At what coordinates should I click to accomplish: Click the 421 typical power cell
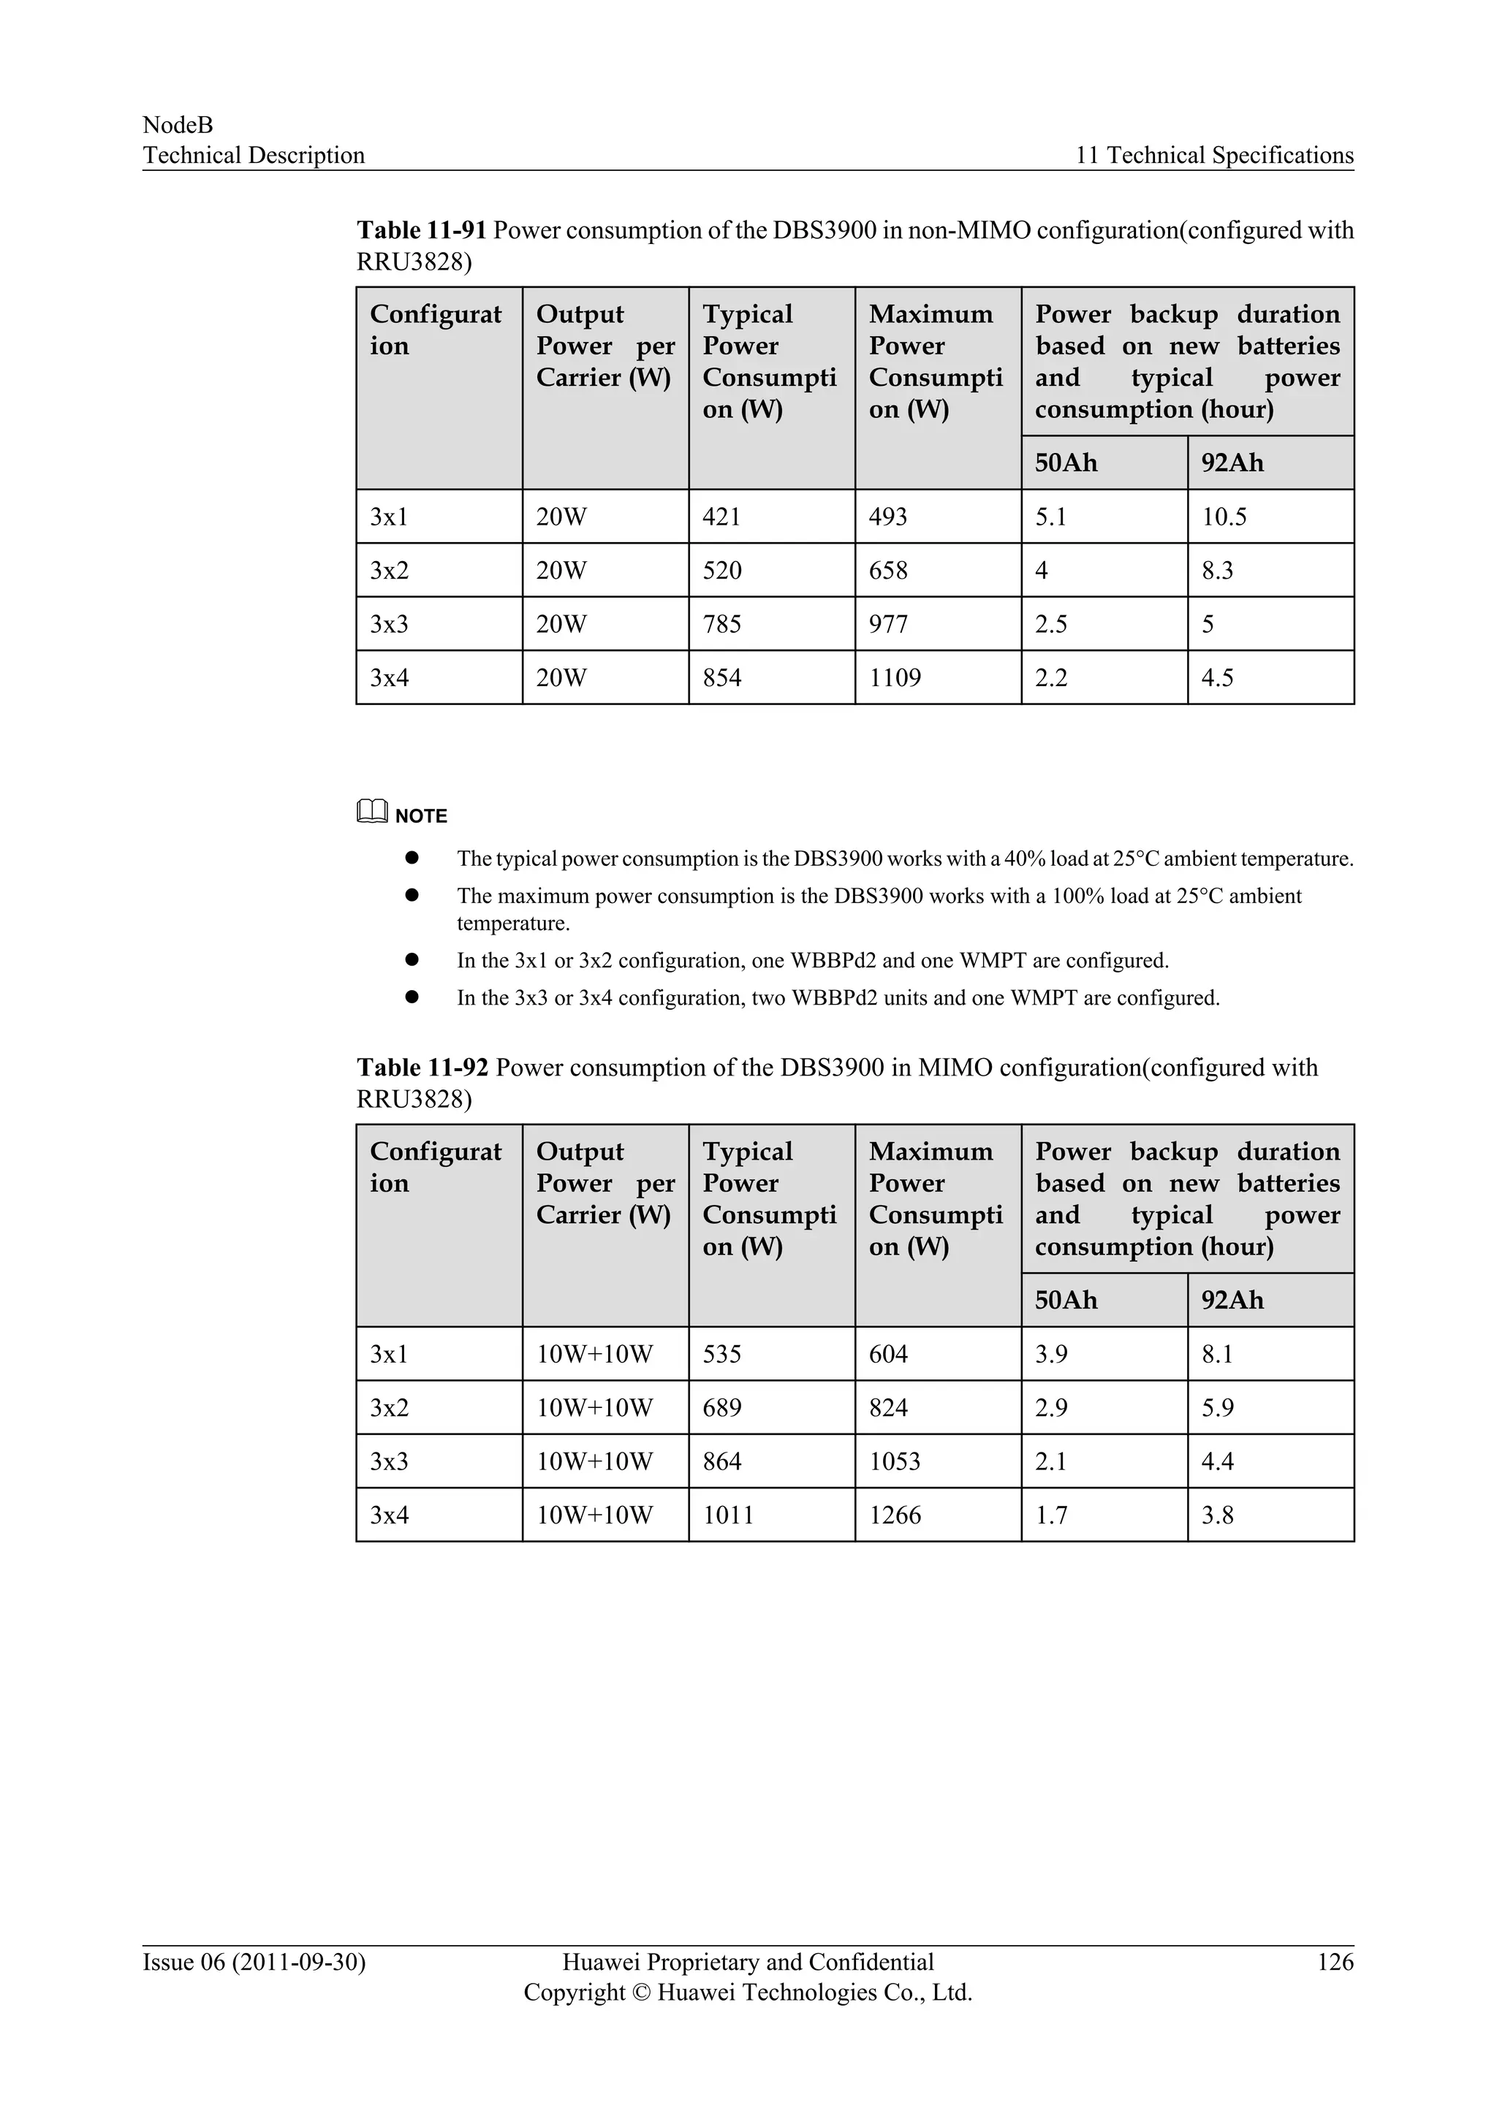(x=721, y=517)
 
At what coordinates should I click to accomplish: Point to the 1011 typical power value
(x=727, y=1516)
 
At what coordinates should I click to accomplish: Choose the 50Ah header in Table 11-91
(x=1066, y=463)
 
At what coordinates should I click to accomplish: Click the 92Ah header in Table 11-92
(x=1232, y=1301)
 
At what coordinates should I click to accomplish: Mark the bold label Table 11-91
(x=420, y=230)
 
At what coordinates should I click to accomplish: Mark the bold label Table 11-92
(x=421, y=1068)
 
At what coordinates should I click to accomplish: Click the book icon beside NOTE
(x=371, y=812)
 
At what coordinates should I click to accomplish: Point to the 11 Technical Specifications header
(x=1214, y=156)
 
